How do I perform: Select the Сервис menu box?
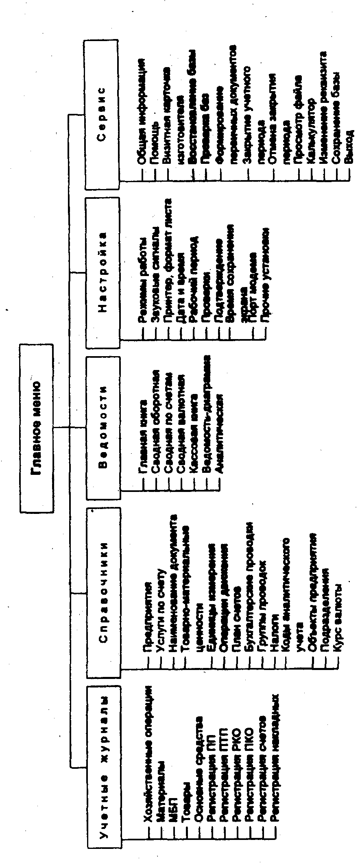point(103,115)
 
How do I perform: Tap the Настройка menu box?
point(103,272)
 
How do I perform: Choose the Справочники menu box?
point(103,592)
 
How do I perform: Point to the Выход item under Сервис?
point(349,146)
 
